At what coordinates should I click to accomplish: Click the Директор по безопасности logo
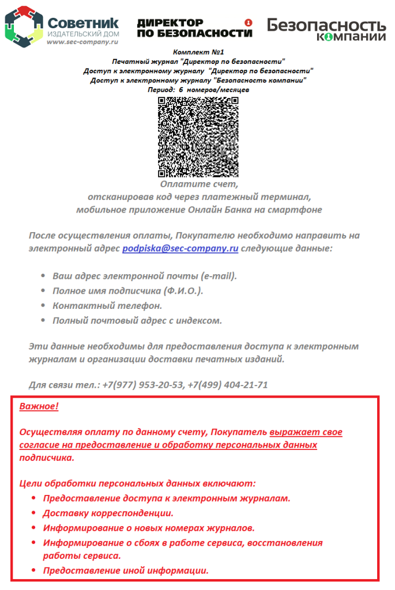(194, 28)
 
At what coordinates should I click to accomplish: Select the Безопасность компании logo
(326, 28)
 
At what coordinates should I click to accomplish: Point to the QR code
(198, 137)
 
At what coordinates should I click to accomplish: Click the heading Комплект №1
(198, 52)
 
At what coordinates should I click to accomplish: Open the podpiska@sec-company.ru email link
(180, 249)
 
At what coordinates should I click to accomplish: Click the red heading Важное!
(39, 407)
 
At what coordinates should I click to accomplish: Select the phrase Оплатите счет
(198, 184)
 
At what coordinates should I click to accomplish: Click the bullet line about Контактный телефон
(107, 305)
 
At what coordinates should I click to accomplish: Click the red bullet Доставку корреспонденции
(108, 513)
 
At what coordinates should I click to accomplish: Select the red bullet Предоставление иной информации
(125, 571)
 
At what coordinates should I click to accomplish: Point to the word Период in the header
(161, 90)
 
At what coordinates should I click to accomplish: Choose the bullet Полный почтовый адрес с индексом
(137, 320)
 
